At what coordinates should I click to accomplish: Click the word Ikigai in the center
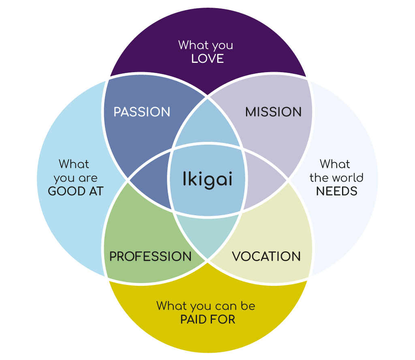(x=207, y=179)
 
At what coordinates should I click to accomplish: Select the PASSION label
(x=142, y=112)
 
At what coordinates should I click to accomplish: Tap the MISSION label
(x=274, y=112)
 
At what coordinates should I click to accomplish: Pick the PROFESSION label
(x=150, y=256)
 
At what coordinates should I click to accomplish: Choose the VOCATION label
(x=266, y=256)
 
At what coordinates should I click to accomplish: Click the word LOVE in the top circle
(x=207, y=59)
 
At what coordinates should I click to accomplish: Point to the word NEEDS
(x=337, y=191)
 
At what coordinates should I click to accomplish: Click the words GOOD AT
(x=76, y=191)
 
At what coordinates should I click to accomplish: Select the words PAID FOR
(x=207, y=319)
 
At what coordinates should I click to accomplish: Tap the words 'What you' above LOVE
(x=206, y=45)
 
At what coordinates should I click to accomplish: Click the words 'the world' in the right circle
(x=336, y=178)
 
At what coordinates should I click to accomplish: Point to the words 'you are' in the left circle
(x=76, y=178)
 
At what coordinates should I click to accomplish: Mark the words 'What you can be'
(x=206, y=306)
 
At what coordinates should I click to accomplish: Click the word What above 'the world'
(x=335, y=164)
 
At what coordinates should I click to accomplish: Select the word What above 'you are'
(x=74, y=164)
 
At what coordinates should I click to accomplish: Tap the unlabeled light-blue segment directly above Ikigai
(x=207, y=126)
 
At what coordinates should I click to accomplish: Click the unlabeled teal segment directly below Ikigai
(x=207, y=235)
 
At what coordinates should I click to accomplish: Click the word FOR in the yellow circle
(x=225, y=319)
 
